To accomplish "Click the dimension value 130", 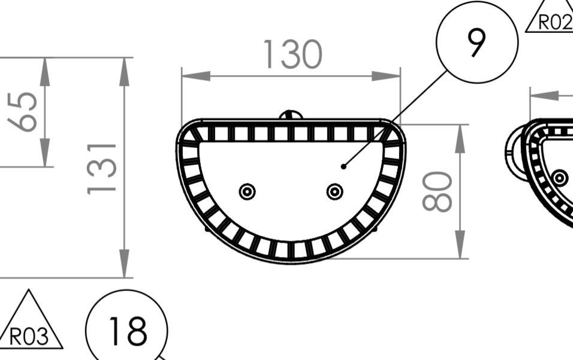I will point(292,55).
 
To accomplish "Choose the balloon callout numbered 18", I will point(127,330).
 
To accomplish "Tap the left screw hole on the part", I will point(247,192).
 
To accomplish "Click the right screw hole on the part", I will point(334,192).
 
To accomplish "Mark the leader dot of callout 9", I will point(343,166).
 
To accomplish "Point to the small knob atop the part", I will point(291,114).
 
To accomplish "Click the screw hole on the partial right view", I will point(560,178).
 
